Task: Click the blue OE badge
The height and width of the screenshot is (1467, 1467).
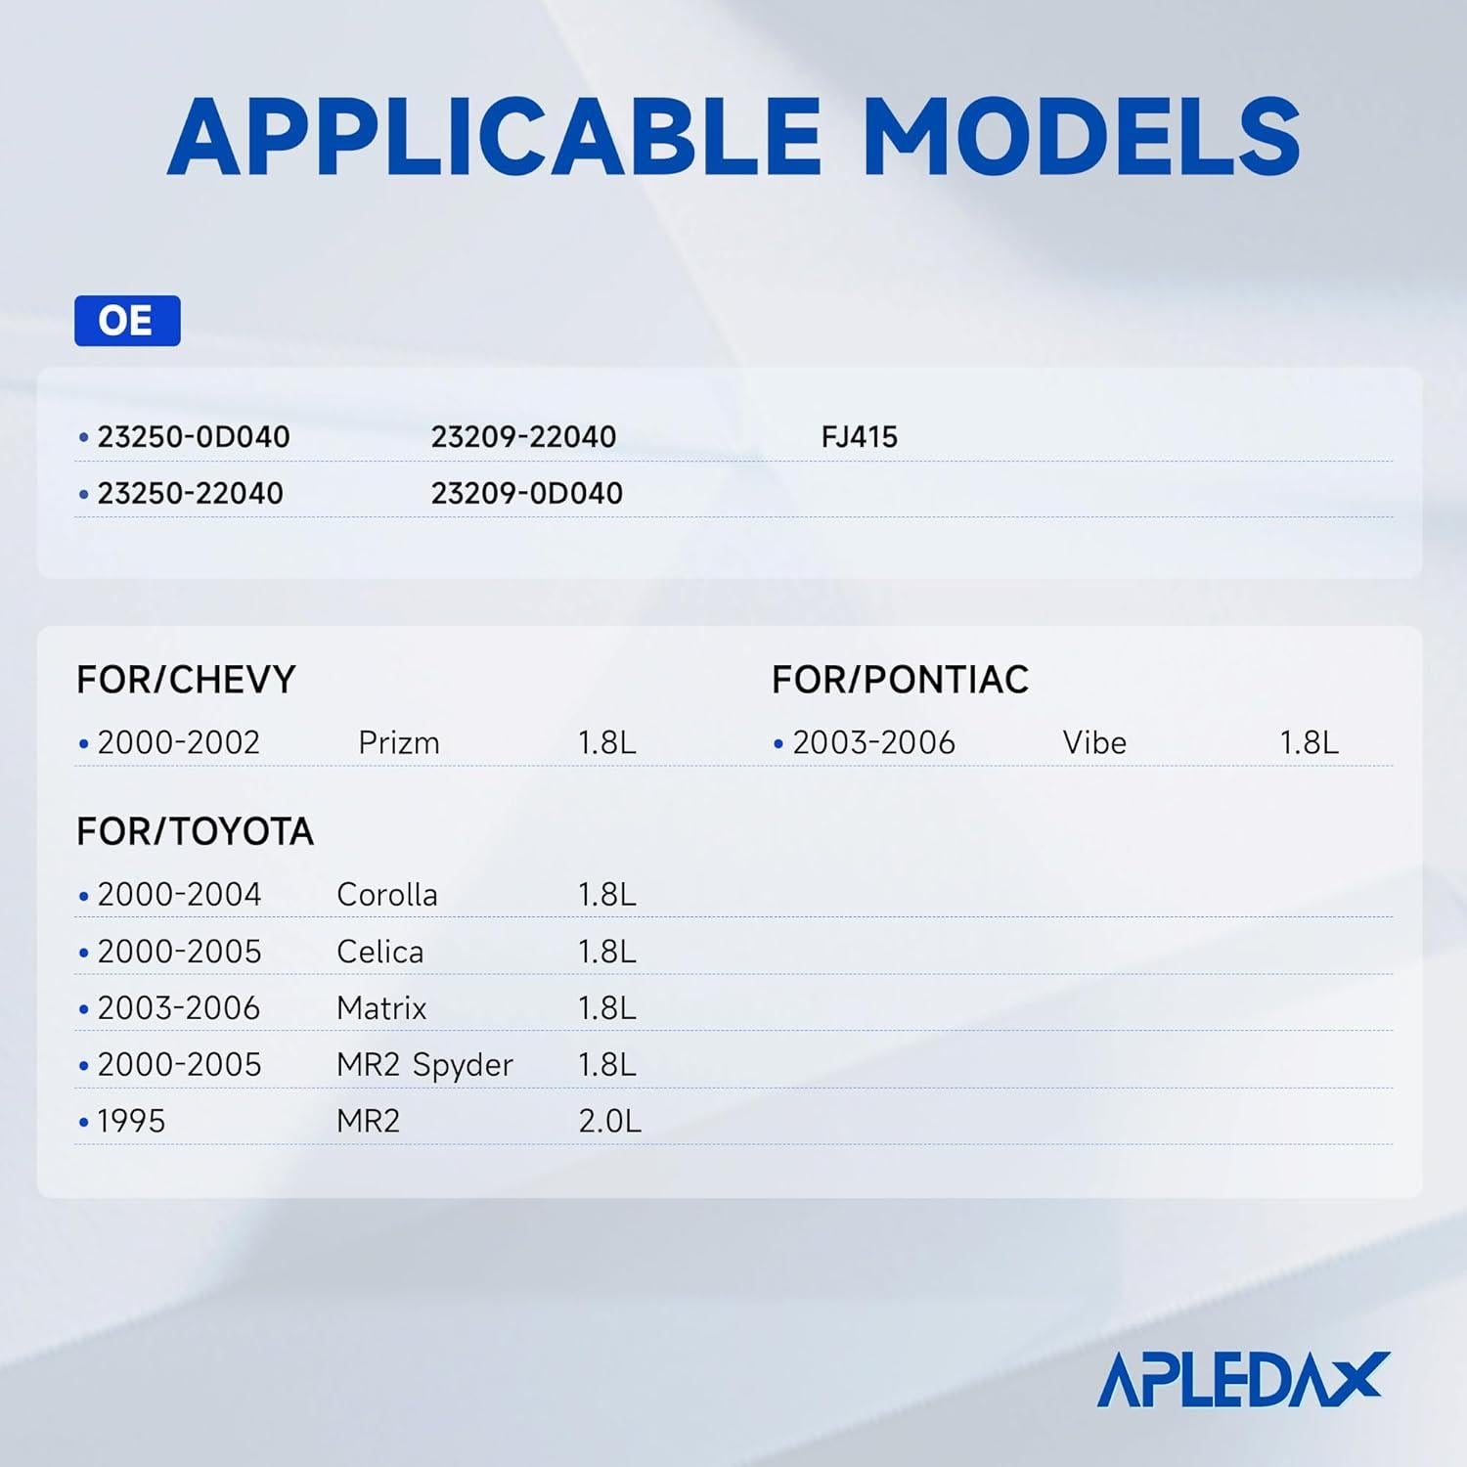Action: (x=127, y=321)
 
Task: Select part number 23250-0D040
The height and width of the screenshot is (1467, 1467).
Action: (x=193, y=437)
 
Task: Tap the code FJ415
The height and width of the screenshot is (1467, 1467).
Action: (x=859, y=437)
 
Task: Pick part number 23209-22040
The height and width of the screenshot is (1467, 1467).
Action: (x=523, y=437)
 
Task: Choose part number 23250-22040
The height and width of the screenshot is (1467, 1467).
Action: (x=190, y=494)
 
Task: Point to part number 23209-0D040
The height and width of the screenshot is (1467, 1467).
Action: (x=526, y=494)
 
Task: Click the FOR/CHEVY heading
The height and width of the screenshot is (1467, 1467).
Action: (x=186, y=680)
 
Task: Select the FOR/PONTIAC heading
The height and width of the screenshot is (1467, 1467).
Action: (x=900, y=680)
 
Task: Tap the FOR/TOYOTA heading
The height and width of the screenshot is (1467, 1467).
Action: (x=195, y=832)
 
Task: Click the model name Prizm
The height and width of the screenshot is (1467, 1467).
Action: (x=399, y=743)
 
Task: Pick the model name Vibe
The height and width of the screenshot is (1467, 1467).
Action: (x=1094, y=743)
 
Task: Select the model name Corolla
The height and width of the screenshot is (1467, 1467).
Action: (x=386, y=895)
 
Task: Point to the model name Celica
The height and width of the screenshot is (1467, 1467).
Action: (x=379, y=952)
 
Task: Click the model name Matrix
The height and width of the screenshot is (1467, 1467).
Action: (x=381, y=1008)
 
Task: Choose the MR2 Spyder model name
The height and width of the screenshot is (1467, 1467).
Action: (x=424, y=1065)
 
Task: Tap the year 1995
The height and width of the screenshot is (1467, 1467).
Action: (x=131, y=1122)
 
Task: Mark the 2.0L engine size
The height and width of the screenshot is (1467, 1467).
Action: (x=609, y=1122)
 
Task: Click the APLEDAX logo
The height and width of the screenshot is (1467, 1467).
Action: (x=1243, y=1379)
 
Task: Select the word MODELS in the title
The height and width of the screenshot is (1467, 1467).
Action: (x=1081, y=137)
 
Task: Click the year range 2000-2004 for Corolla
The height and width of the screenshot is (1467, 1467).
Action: (x=179, y=895)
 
